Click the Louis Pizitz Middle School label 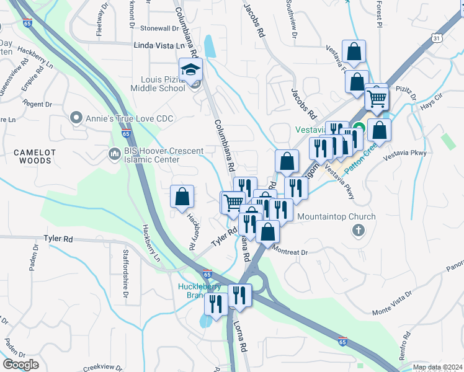point(158,84)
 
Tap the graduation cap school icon point(191,69)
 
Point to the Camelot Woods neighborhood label point(31,156)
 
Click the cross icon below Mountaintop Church point(357,231)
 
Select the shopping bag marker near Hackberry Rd point(182,197)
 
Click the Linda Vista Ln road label point(159,45)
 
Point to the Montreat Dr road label point(290,252)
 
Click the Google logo point(20,365)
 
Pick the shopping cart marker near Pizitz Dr point(376,97)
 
